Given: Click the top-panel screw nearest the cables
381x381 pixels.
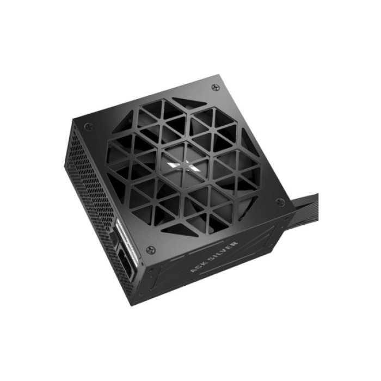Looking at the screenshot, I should click(x=280, y=202).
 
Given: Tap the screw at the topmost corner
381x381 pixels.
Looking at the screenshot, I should click(x=216, y=87).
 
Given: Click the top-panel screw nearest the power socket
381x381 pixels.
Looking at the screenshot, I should click(x=151, y=249).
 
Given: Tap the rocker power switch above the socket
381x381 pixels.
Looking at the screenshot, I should click(x=118, y=239).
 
